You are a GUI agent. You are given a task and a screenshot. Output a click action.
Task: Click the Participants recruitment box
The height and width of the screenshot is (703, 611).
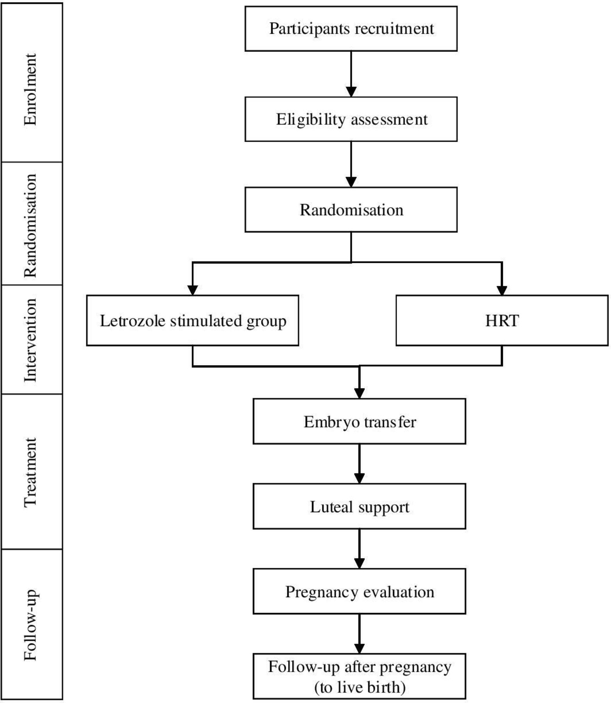351,29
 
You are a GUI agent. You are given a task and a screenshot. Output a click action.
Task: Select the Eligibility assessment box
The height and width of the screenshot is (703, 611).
351,119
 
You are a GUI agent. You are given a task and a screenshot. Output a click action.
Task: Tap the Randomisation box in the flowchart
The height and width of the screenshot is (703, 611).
351,210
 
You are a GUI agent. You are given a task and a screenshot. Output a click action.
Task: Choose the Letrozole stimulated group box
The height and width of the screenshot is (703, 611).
192,321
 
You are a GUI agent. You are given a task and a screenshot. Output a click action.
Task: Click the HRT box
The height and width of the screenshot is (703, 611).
502,321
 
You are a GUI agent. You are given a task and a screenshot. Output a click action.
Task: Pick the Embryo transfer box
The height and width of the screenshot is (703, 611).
360,421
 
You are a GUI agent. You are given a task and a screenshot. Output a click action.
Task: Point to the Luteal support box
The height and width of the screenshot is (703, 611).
360,507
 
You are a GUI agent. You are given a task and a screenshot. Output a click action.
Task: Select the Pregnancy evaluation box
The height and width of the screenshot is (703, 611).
360,592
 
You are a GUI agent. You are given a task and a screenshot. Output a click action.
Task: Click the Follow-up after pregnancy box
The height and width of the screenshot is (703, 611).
360,676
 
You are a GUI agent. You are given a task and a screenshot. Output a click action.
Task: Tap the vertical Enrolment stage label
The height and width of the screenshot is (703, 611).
30,89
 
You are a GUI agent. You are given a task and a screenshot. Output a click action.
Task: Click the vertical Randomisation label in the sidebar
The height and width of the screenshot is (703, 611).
30,226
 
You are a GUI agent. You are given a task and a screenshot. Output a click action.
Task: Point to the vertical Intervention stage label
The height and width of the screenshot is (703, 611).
30,340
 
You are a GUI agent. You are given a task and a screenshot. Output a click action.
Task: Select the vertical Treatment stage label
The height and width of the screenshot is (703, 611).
30,473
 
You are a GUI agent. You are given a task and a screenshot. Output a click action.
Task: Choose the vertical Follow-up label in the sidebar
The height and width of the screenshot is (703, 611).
30,624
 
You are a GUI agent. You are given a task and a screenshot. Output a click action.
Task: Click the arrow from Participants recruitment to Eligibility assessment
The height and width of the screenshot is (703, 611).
351,74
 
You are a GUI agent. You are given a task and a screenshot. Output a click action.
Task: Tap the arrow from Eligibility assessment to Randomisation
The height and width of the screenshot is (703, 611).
351,164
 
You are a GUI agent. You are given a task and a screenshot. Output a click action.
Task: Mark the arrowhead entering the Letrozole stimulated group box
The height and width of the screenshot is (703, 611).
192,290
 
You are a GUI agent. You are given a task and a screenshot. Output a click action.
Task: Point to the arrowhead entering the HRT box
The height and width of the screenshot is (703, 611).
502,290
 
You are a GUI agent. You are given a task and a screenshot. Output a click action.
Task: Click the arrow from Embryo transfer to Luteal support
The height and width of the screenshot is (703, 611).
360,464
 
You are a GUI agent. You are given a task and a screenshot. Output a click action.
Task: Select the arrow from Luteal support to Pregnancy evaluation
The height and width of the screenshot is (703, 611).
360,549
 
